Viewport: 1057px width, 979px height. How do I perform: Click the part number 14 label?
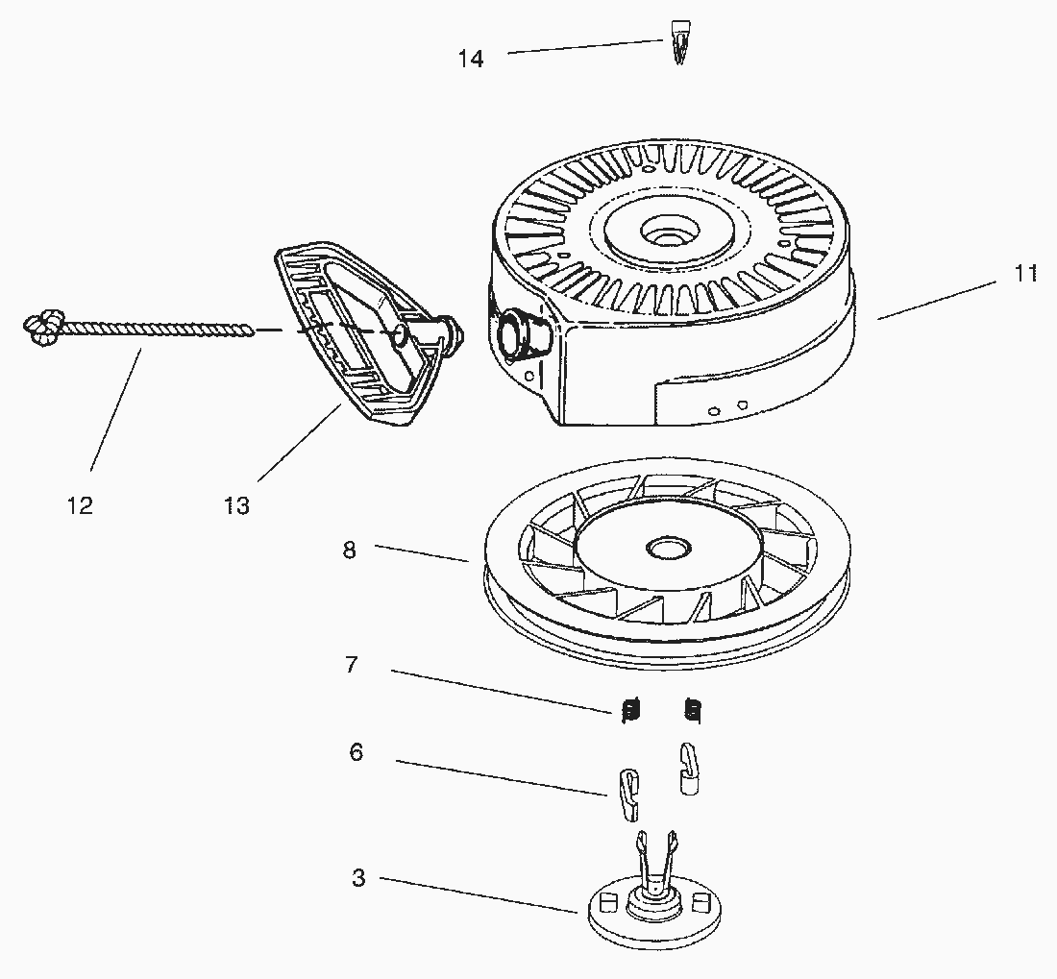[471, 59]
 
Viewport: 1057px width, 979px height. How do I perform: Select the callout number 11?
[1026, 274]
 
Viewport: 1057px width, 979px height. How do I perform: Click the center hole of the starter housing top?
[666, 233]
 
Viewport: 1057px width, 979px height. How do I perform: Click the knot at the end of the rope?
[42, 328]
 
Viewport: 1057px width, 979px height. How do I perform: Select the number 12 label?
[80, 505]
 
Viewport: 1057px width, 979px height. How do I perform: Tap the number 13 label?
[236, 505]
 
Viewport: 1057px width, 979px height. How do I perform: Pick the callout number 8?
[349, 550]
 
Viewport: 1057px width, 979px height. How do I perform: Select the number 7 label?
[352, 664]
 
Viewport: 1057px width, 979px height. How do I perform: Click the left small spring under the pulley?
[631, 710]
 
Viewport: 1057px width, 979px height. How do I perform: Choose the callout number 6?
[356, 752]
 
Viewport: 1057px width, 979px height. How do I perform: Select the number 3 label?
[357, 878]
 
